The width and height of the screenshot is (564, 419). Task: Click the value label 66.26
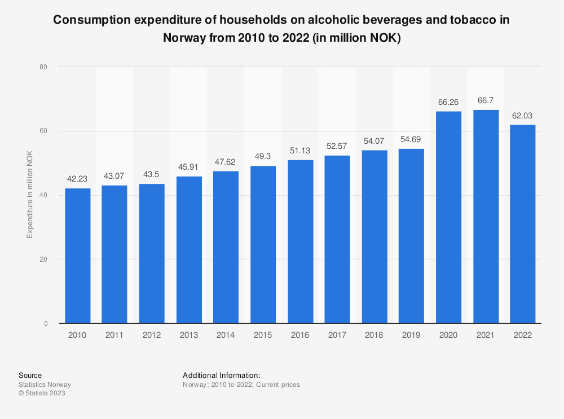coord(448,103)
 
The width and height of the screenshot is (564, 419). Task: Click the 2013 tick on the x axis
coord(189,335)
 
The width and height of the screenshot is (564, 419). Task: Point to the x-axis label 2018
coord(374,335)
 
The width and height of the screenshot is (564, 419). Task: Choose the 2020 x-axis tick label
coord(448,335)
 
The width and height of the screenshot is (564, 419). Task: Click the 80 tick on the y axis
coord(43,67)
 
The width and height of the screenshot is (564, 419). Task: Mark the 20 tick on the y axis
coord(43,259)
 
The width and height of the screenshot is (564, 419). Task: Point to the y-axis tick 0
coord(45,324)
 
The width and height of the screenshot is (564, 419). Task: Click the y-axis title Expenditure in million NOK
coord(30,195)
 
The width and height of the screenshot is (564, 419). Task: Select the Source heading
coord(30,375)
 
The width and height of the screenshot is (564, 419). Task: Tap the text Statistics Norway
coord(45,385)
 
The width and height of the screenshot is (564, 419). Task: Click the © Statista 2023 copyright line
coord(42,394)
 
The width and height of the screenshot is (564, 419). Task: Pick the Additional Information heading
coord(221,375)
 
